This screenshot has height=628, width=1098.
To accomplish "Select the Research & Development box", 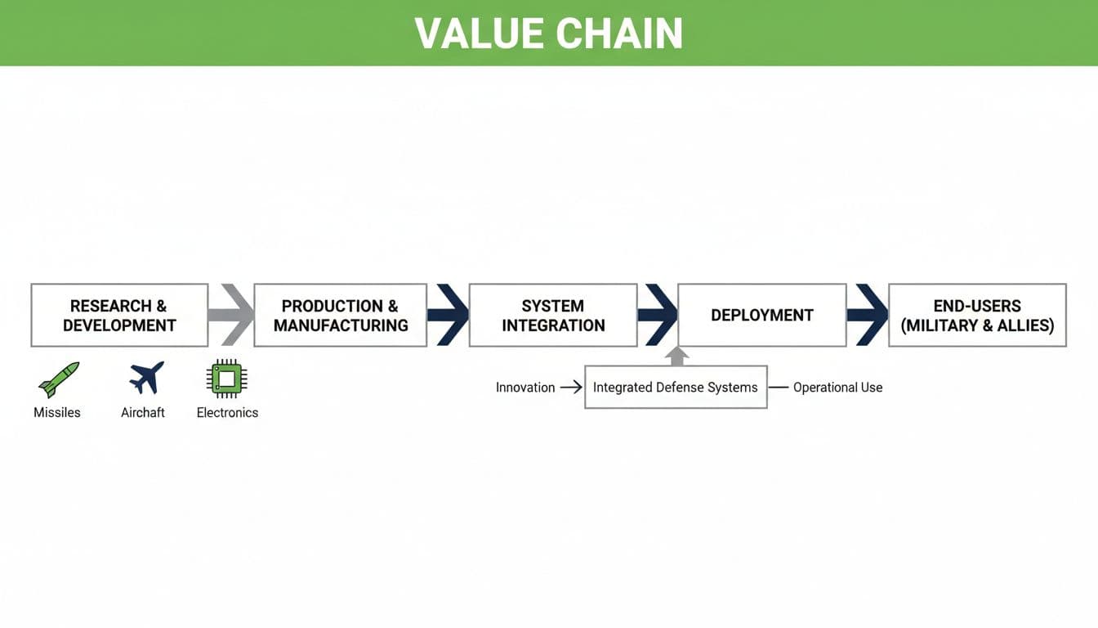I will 119,316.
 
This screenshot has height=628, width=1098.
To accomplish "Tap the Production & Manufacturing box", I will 340,316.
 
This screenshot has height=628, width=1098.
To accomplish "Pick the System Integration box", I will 553,316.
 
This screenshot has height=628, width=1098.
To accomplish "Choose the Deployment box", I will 761,316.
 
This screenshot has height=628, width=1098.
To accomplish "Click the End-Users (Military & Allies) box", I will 977,316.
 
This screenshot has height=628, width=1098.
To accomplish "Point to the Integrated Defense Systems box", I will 676,388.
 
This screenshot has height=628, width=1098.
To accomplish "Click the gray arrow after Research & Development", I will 234,315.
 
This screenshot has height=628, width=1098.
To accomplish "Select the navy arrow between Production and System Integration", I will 449,315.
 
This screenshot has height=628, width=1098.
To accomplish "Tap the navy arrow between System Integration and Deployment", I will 658,315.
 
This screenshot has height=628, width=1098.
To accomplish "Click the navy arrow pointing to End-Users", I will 868,315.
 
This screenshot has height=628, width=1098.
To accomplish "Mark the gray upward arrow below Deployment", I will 676,357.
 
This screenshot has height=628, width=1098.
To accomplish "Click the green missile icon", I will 59,379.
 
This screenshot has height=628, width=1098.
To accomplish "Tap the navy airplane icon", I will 146,378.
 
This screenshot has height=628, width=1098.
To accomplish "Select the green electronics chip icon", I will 227,379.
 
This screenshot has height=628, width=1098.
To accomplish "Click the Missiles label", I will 57,413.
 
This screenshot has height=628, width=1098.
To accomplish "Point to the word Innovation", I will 525,388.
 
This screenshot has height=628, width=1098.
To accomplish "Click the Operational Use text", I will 837,388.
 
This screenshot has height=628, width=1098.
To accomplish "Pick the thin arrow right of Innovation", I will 570,388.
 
